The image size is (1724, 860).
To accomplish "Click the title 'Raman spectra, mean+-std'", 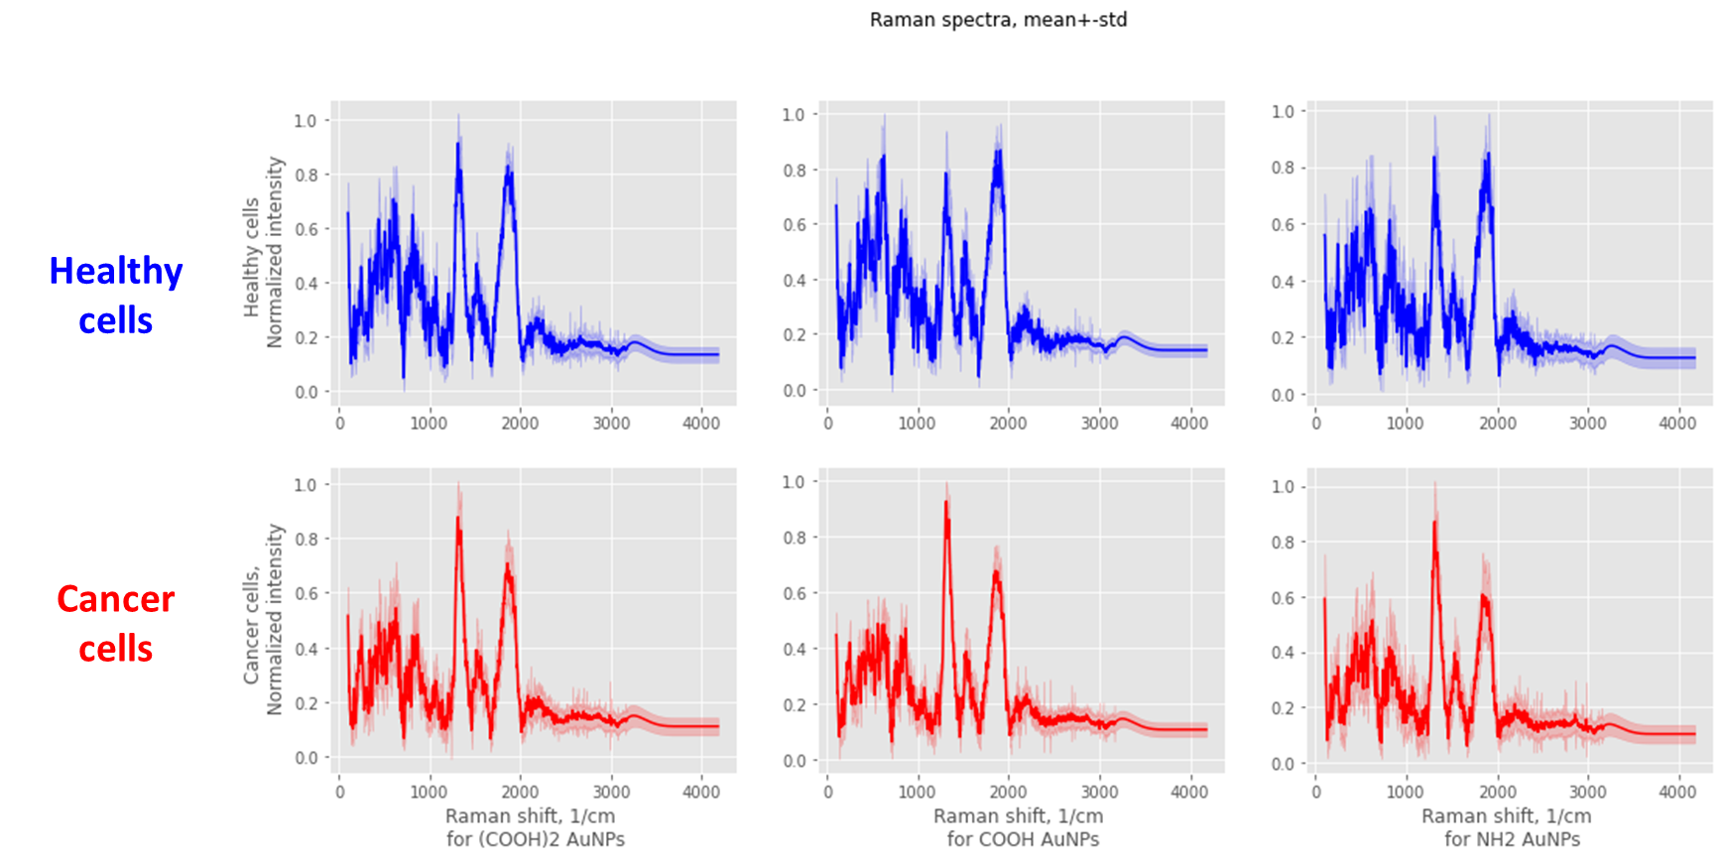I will point(998,20).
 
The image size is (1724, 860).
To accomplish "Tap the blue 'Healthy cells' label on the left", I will point(116,296).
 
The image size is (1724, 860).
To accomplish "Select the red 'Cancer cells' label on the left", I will point(116,624).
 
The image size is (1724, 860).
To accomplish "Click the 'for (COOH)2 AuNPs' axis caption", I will point(536,839).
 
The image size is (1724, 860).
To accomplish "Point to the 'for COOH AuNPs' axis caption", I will point(1023,839).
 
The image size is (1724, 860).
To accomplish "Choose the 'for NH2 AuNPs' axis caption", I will point(1512,839).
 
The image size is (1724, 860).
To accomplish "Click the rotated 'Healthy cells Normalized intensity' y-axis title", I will point(264,253).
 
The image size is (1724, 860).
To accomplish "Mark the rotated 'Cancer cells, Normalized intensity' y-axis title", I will point(264,619).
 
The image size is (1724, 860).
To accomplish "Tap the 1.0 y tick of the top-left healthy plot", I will point(305,121).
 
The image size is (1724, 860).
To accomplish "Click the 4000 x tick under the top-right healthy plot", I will point(1677,424).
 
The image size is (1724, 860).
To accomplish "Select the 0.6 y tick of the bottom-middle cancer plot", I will point(794,593).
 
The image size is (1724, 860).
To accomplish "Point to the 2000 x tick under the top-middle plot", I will point(1008,424).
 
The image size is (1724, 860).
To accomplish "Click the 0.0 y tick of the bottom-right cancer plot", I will point(1283,764).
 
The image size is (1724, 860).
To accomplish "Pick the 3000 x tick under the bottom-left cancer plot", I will point(611,792).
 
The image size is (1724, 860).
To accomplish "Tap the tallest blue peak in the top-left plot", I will point(458,144).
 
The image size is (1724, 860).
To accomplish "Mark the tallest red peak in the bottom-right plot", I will point(1434,523).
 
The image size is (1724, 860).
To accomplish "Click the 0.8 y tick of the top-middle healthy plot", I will point(794,171).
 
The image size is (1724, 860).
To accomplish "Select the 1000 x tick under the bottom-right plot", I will point(1405,792).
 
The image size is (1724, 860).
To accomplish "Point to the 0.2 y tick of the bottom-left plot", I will point(305,703).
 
